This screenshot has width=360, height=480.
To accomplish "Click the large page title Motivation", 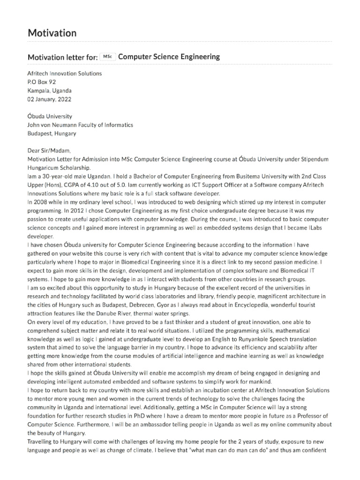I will click(x=52, y=33).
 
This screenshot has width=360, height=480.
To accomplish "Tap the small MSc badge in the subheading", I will click(x=108, y=57).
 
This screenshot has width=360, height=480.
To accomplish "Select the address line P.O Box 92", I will click(x=42, y=82).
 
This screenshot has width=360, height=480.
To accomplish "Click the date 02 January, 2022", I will click(x=50, y=99).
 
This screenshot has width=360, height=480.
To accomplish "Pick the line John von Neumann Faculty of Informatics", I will click(x=80, y=125).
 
